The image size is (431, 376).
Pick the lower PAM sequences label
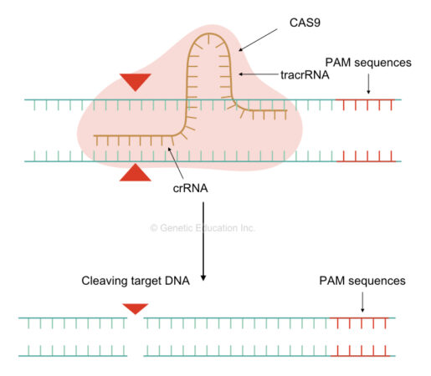362,282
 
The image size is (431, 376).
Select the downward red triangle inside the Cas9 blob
135,82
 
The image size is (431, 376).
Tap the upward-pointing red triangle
135,173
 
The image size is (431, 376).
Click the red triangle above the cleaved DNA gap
135,309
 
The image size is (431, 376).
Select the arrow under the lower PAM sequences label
362,302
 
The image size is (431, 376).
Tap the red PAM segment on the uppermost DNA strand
367,102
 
